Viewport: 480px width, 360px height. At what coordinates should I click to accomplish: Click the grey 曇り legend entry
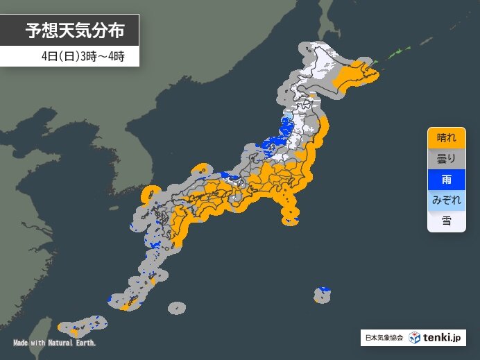click(445, 159)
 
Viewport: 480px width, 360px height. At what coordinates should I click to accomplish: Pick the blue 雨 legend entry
click(445, 180)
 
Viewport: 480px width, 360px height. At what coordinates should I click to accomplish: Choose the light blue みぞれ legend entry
click(445, 200)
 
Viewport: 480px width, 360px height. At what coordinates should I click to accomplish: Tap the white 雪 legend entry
click(445, 221)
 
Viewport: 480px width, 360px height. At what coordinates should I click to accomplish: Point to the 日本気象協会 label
click(383, 338)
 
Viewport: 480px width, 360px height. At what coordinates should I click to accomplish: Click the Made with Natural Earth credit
click(54, 343)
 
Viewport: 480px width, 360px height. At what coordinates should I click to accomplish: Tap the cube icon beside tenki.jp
click(414, 338)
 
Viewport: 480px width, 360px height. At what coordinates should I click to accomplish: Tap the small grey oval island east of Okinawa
click(177, 307)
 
